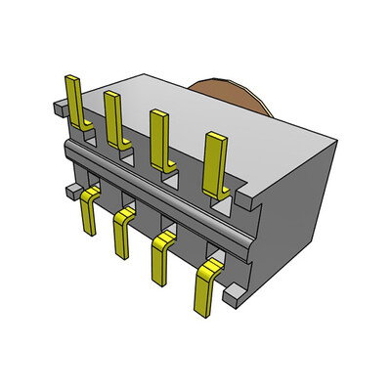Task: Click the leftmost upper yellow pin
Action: [x=73, y=98]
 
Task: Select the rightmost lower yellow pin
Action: [x=207, y=288]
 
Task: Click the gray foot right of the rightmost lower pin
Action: [x=234, y=291]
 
